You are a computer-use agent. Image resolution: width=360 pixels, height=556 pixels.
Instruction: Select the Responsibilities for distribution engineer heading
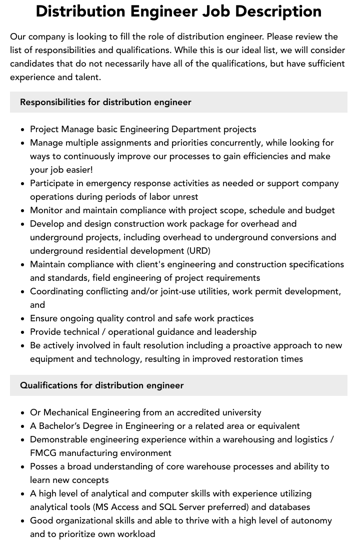105,102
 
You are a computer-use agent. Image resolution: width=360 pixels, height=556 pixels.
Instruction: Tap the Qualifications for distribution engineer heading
101,385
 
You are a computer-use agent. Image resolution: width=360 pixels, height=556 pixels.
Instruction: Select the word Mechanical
66,412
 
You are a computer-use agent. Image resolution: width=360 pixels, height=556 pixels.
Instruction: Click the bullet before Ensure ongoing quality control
23,319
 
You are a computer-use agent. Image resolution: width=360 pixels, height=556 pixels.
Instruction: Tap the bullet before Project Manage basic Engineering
23,130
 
